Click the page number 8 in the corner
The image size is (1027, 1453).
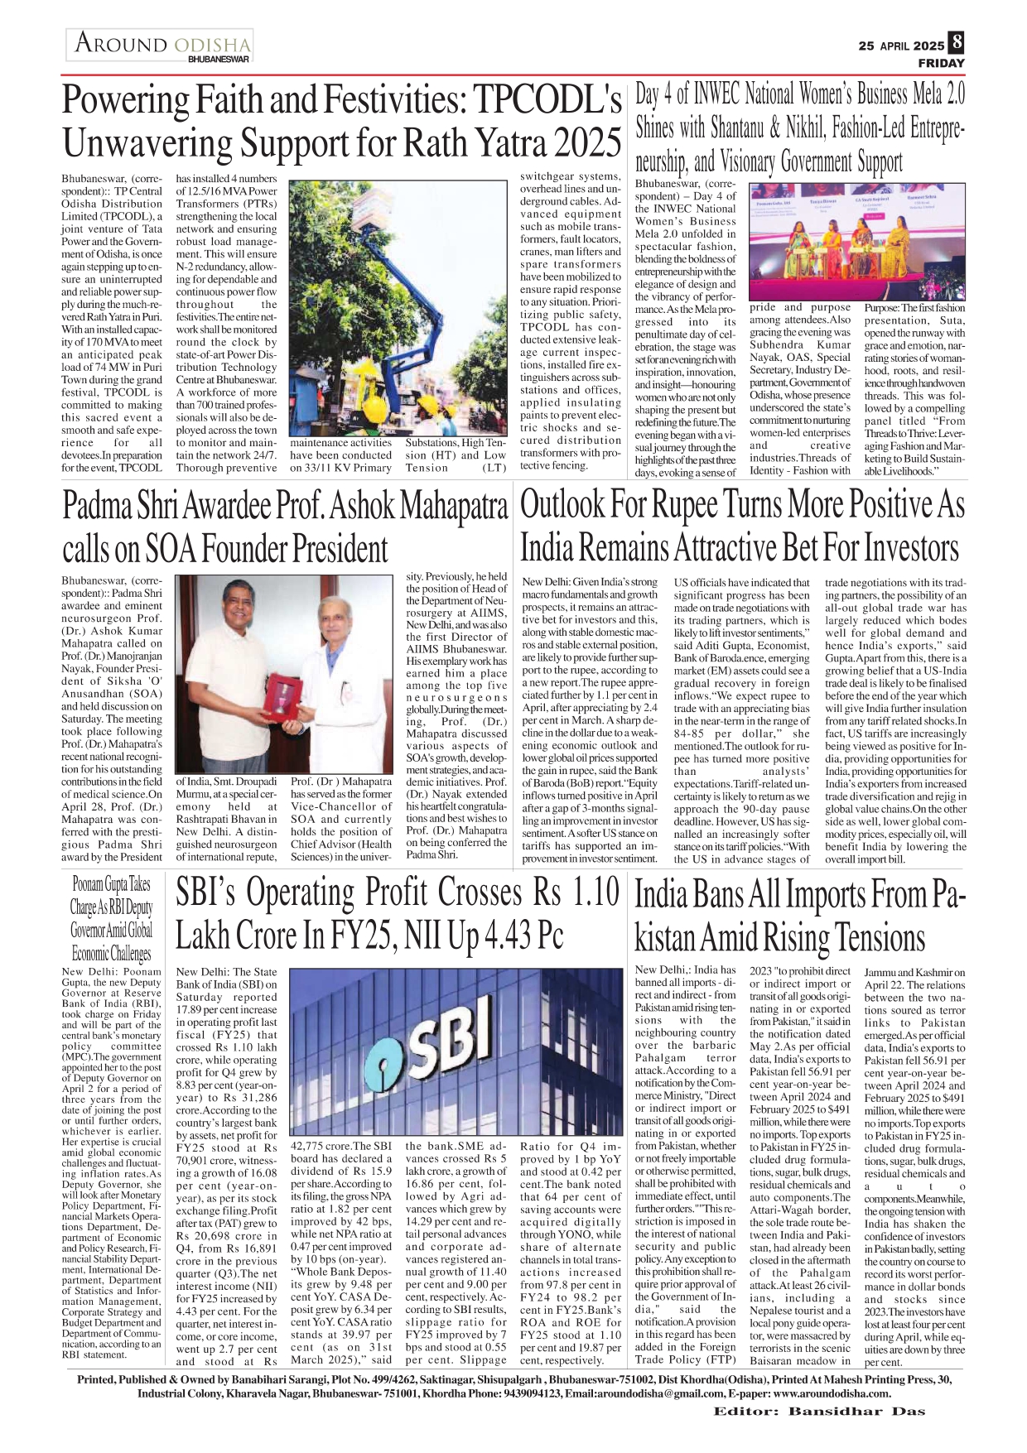[957, 42]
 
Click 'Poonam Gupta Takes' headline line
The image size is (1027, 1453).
[111, 885]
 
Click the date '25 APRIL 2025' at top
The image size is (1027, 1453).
[901, 46]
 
